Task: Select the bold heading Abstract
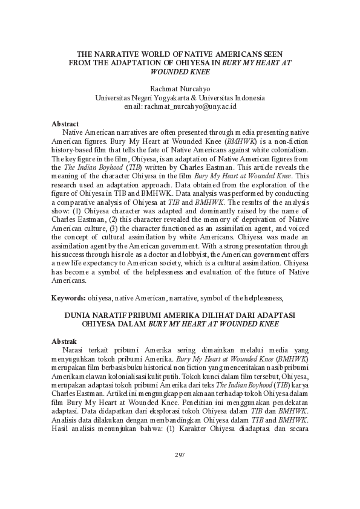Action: [65, 123]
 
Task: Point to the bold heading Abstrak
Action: [64, 342]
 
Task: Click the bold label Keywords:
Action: [68, 298]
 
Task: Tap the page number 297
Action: [180, 455]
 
